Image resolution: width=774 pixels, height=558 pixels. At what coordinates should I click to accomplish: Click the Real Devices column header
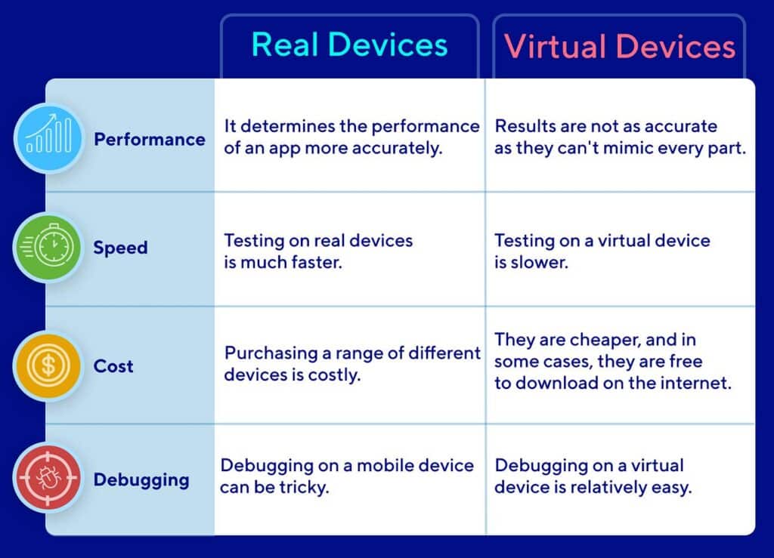click(x=349, y=45)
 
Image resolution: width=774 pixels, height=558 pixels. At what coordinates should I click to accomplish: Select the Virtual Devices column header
click(x=620, y=47)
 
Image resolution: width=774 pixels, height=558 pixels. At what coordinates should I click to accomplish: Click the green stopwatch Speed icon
click(x=48, y=247)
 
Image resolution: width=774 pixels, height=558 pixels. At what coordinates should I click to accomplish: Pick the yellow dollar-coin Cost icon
click(x=48, y=365)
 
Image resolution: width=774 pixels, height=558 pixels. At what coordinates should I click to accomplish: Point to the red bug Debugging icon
click(x=48, y=478)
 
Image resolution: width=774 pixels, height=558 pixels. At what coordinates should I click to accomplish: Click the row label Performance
click(x=150, y=140)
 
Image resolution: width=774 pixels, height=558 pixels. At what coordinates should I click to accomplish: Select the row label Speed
click(x=120, y=248)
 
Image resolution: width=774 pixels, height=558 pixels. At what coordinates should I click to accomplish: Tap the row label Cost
click(x=113, y=366)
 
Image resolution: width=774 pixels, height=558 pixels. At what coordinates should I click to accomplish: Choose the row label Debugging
click(x=141, y=480)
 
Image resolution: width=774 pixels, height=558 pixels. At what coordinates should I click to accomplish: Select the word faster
click(x=317, y=262)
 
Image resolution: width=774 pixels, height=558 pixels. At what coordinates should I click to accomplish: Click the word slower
click(x=539, y=262)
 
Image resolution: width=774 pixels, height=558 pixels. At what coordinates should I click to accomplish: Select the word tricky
click(x=304, y=488)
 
